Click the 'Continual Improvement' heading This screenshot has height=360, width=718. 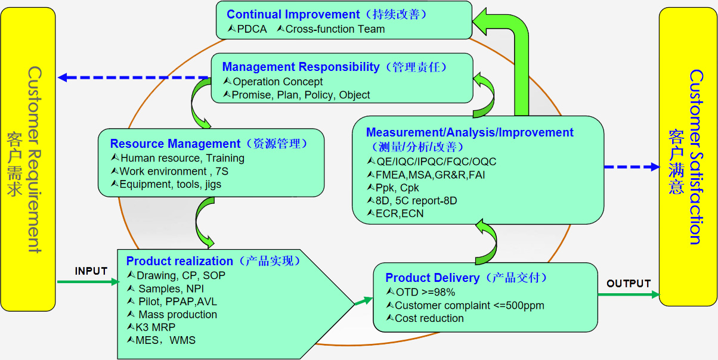(293, 14)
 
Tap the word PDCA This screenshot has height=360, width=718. (252, 29)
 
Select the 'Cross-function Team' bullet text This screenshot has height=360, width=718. (335, 29)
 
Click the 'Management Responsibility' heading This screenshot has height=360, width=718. (301, 67)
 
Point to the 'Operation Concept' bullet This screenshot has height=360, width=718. (277, 82)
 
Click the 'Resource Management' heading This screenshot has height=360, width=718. (175, 144)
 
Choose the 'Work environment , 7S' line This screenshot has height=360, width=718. (174, 172)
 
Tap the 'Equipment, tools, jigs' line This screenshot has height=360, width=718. (170, 185)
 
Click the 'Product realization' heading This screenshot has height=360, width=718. (179, 261)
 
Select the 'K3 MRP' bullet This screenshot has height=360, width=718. (156, 327)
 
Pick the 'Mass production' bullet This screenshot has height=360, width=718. (178, 314)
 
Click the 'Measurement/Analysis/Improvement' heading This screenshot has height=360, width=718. (470, 132)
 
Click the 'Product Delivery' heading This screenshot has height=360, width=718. (432, 278)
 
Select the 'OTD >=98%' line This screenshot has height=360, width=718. (425, 292)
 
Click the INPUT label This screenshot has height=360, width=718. (91, 271)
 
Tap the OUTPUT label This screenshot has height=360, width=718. (629, 284)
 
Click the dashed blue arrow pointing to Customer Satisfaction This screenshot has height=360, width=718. (632, 167)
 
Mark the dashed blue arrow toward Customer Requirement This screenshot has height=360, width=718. (134, 77)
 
